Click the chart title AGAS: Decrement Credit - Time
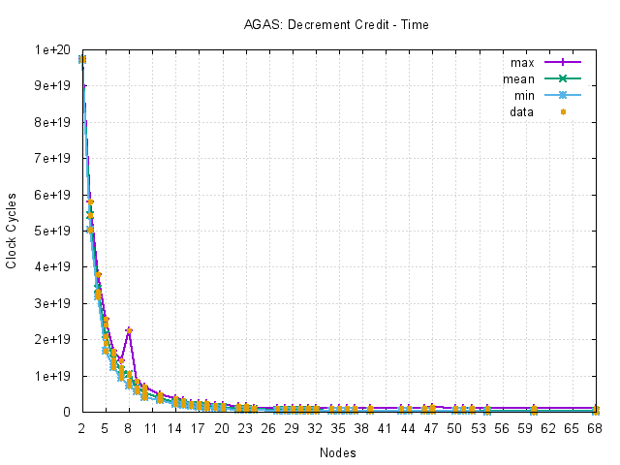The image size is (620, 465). (x=336, y=24)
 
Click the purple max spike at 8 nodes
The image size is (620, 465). (x=128, y=330)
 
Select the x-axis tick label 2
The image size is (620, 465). (x=81, y=427)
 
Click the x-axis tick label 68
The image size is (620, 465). (x=596, y=427)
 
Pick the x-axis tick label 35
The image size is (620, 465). (x=338, y=427)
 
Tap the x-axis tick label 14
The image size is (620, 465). (x=174, y=427)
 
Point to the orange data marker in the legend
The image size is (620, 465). (x=563, y=112)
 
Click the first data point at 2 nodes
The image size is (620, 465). (x=81, y=59)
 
